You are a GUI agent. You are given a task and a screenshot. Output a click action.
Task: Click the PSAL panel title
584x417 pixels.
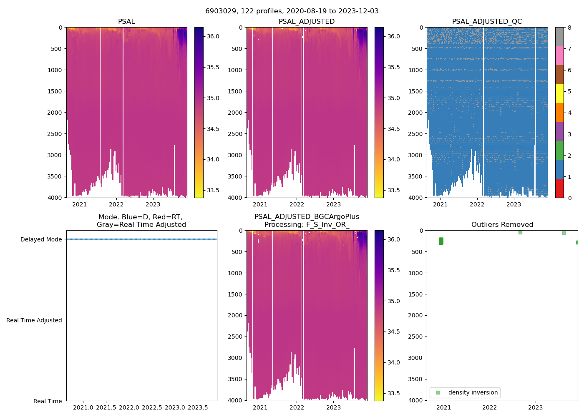(126, 22)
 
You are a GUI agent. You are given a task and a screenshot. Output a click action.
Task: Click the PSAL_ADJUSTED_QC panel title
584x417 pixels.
(487, 22)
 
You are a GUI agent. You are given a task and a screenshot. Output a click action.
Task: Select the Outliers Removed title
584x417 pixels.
(502, 225)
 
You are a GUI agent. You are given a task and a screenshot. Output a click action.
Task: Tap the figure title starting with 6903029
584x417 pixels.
(292, 11)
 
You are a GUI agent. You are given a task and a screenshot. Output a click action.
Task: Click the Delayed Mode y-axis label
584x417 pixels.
(41, 239)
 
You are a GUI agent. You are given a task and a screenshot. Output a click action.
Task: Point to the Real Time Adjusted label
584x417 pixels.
(34, 320)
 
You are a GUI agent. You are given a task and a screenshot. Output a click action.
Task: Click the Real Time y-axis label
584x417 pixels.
(48, 401)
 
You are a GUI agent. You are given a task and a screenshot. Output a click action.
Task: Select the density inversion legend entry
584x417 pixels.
(473, 392)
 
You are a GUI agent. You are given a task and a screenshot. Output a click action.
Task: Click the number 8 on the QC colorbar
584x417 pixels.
(569, 28)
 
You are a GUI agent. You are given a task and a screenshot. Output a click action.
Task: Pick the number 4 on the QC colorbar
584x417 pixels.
(569, 113)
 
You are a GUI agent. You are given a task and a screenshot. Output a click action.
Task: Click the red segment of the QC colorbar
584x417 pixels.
(559, 188)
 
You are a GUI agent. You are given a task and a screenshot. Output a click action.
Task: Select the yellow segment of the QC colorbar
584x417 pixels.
(559, 93)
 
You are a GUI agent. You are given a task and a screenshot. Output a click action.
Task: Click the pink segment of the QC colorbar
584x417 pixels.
(559, 55)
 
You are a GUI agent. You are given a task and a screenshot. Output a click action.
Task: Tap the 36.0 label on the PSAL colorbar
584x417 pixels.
(213, 36)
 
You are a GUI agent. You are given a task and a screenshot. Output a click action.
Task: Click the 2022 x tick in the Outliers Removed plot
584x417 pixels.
(490, 407)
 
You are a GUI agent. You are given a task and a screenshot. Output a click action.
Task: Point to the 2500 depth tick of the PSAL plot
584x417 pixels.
(55, 134)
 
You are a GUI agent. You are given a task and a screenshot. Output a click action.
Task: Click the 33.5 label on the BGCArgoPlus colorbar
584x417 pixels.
(394, 393)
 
